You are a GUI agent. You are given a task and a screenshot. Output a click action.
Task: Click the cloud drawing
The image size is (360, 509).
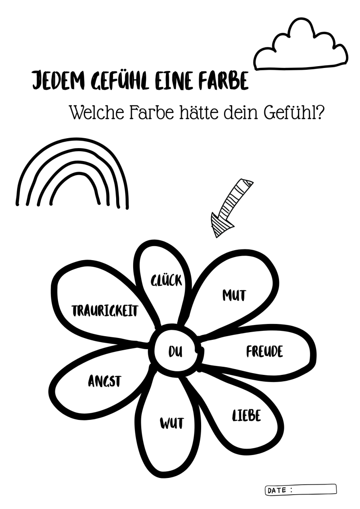click(x=301, y=47)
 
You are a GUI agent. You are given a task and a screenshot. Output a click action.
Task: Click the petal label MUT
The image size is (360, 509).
click(x=234, y=295)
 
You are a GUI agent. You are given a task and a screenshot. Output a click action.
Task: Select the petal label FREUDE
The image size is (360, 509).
click(x=265, y=351)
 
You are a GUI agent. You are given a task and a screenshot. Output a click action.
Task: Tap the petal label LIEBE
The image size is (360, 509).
click(x=246, y=415)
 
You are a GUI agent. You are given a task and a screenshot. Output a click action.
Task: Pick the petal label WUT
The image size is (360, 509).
click(x=171, y=423)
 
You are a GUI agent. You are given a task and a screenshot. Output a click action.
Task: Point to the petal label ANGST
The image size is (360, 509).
click(x=104, y=382)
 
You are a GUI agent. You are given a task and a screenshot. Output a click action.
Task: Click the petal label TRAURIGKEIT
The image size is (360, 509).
click(x=105, y=310)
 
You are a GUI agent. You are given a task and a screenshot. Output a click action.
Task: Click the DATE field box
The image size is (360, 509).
click(x=301, y=489)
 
